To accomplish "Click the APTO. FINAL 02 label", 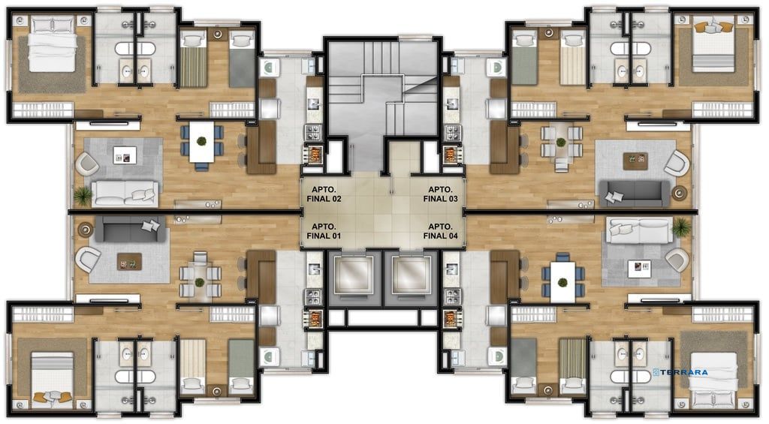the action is point(324,194).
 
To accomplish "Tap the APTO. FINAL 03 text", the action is point(440,194).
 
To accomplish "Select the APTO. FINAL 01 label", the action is point(324,231).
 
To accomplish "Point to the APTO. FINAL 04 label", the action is point(440,231).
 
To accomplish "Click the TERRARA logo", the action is point(680,372).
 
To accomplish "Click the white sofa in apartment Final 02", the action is point(125,194).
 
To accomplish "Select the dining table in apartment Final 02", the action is point(201,142).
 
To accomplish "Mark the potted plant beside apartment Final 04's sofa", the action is point(681,227).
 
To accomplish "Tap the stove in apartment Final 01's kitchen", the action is point(313,297).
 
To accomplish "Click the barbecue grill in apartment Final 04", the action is point(450,318).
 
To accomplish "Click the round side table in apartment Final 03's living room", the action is point(679,193).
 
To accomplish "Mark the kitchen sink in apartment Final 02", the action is point(313,104).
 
